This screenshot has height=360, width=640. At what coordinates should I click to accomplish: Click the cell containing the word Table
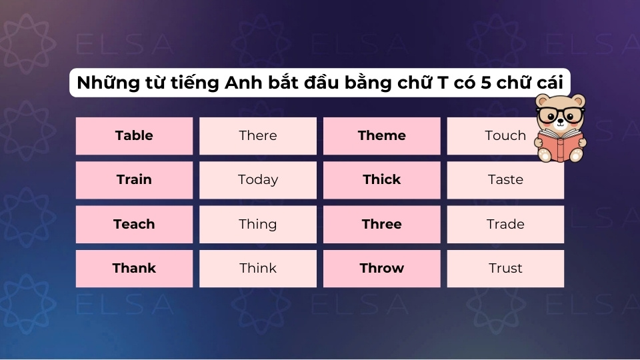pos(134,136)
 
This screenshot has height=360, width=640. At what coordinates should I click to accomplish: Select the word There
pos(258,136)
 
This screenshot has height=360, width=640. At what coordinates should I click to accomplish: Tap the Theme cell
pos(382,136)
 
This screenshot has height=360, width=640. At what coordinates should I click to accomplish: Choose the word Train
pos(134,180)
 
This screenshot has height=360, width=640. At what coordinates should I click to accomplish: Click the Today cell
pos(258,180)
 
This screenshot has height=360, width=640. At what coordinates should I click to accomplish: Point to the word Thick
pos(382,180)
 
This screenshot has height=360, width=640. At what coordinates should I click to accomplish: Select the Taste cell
pos(505,180)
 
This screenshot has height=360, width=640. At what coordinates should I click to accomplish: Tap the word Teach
pos(134,225)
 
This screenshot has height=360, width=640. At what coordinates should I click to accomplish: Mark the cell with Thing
pos(258,225)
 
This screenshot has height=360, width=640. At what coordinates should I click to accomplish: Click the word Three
pos(382,225)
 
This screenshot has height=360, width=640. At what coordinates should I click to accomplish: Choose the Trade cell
pos(505,225)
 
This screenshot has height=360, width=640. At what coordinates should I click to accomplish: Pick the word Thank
pos(134,269)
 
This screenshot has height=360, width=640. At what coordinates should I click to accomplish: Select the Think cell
pos(258,269)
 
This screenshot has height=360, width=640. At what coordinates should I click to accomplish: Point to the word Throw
pos(382,269)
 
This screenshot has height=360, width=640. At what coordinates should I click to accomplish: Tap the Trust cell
pos(505,269)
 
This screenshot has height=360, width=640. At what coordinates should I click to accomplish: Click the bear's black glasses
pos(561,114)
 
